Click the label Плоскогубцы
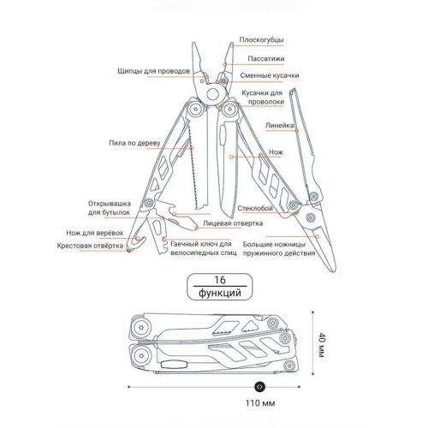pyautogui.click(x=261, y=39)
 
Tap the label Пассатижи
pyautogui.click(x=266, y=59)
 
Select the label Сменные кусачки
pyautogui.click(x=270, y=75)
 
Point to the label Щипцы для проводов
pyautogui.click(x=153, y=71)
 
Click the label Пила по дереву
pyautogui.click(x=134, y=143)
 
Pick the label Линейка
pyautogui.click(x=279, y=125)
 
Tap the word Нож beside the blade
pyautogui.click(x=276, y=152)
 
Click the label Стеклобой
pyautogui.click(x=255, y=208)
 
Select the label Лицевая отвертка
pyautogui.click(x=233, y=223)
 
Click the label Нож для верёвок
pyautogui.click(x=95, y=233)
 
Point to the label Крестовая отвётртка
pyautogui.click(x=90, y=246)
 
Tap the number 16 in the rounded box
pyautogui.click(x=220, y=280)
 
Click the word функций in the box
pyautogui.click(x=220, y=293)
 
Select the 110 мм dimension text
pyautogui.click(x=260, y=403)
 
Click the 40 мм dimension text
pyautogui.click(x=322, y=345)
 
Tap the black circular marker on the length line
pyautogui.click(x=259, y=387)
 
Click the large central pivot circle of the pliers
pyautogui.click(x=213, y=94)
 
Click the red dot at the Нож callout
pyautogui.click(x=232, y=157)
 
